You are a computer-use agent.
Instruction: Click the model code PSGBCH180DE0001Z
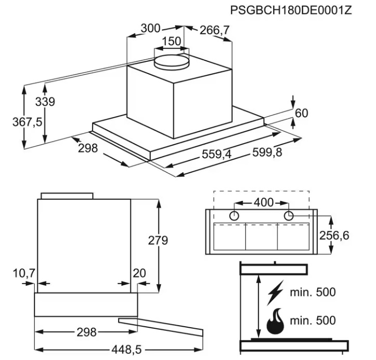pos(291,10)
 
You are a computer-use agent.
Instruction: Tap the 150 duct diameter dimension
pos(172,41)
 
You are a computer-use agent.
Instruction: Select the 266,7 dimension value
pos(215,30)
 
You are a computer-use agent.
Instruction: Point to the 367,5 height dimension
pos(27,122)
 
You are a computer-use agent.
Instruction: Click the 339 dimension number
pos(45,101)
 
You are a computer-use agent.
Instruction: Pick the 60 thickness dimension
pos(302,113)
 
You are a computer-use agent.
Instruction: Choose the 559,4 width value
pos(217,154)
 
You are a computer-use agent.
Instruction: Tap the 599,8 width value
pos(267,152)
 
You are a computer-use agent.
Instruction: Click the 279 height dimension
pos(158,240)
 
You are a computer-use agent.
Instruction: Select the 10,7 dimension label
pos(24,273)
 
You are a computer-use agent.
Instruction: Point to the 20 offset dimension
pos(139,273)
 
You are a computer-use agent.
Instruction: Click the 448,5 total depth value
pos(126,350)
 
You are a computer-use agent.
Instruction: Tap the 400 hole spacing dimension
pos(264,203)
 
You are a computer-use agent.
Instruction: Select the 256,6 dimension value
pos(334,236)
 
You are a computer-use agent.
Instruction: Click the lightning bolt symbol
pos(276,292)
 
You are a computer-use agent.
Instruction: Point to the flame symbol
pos(276,321)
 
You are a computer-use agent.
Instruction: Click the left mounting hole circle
pos(234,215)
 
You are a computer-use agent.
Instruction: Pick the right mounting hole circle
pos(289,215)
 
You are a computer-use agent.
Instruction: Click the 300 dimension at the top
pos(150,28)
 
